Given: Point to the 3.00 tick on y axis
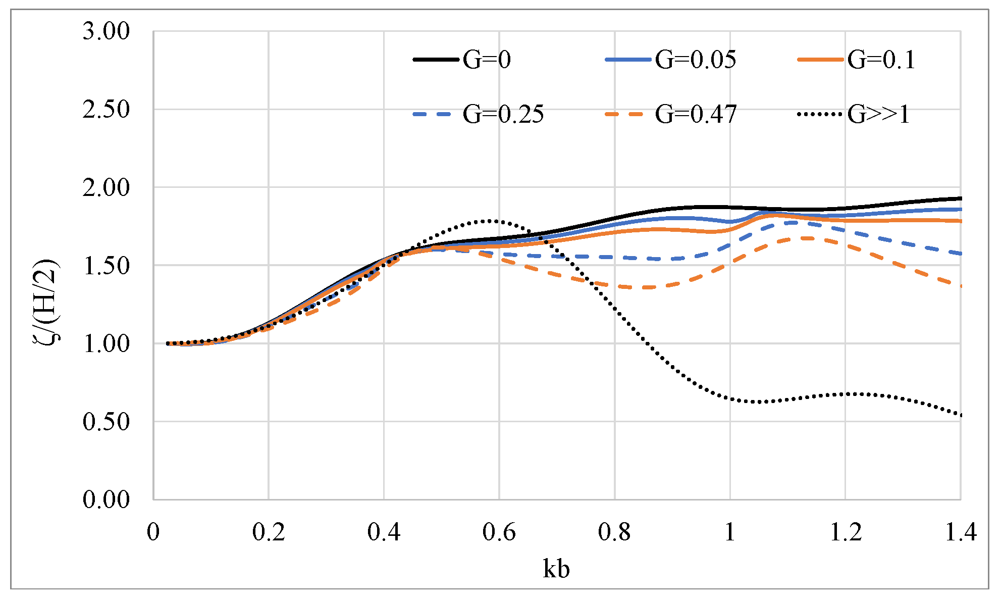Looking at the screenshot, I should click(106, 31).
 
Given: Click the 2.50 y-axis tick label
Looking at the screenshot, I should click(106, 110).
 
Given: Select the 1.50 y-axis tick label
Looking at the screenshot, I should click(106, 266).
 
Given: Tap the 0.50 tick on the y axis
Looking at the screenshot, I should click(106, 422).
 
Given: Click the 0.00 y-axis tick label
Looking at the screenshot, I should click(106, 499).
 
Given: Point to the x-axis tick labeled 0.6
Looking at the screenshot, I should click(499, 532).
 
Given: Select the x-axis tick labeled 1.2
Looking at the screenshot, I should click(845, 532).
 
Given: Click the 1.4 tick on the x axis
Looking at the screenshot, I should click(960, 532).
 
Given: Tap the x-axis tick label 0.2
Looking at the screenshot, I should click(269, 532).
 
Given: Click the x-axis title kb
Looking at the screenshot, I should click(556, 569).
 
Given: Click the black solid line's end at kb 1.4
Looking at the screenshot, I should click(960, 198).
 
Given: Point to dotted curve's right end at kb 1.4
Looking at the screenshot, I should click(960, 415).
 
